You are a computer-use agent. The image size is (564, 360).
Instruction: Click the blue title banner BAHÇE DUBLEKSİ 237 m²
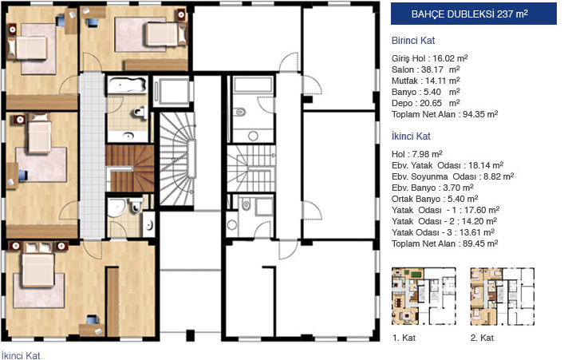pyautogui.click(x=473, y=14)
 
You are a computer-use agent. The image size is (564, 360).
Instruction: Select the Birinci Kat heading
pyautogui.click(x=413, y=41)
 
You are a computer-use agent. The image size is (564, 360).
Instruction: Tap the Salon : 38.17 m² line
pyautogui.click(x=425, y=69)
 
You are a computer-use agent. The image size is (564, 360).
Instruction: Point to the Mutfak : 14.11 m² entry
pyautogui.click(x=425, y=81)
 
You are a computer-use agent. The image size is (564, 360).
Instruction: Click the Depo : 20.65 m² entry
pyautogui.click(x=425, y=103)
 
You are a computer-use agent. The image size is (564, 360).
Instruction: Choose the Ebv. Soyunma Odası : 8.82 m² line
pyautogui.click(x=452, y=176)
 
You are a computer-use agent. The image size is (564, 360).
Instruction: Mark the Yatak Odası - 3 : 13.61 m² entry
pyautogui.click(x=443, y=232)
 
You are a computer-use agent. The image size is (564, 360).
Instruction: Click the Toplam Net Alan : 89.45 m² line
pyautogui.click(x=444, y=243)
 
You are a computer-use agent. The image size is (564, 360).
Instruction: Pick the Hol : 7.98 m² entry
pyautogui.click(x=417, y=154)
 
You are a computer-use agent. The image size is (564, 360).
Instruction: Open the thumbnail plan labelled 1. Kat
pyautogui.click(x=424, y=296)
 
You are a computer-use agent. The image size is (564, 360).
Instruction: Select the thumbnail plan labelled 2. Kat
pyautogui.click(x=502, y=296)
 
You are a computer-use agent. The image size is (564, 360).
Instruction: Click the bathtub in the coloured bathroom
pyautogui.click(x=127, y=85)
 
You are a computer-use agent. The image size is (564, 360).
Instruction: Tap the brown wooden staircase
pyautogui.click(x=130, y=168)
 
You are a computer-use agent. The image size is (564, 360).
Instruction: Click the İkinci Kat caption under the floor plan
pyautogui.click(x=21, y=355)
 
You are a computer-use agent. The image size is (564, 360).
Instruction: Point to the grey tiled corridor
pyautogui.click(x=92, y=155)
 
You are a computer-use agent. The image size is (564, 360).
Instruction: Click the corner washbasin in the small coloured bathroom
pyautogui.click(x=116, y=208)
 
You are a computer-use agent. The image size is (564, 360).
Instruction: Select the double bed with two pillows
pyautogui.click(x=38, y=265)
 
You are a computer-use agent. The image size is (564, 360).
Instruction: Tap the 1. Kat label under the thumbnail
pyautogui.click(x=404, y=338)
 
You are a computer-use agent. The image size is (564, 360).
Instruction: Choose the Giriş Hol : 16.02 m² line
pyautogui.click(x=429, y=58)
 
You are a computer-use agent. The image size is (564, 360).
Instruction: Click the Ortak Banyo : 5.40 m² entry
pyautogui.click(x=435, y=199)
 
